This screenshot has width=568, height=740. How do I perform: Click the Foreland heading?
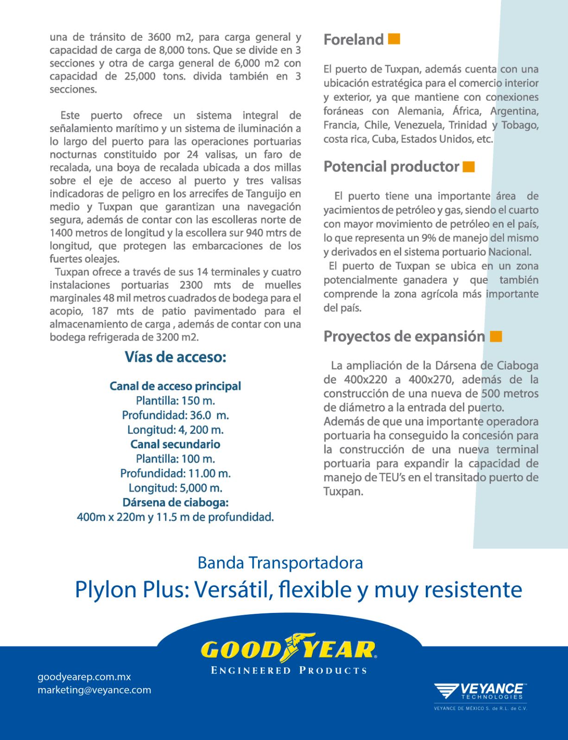click(353, 40)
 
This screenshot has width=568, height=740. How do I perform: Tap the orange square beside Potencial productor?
click(469, 166)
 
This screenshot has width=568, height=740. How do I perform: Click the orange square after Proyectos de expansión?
click(496, 336)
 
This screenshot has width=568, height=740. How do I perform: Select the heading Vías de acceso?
click(175, 357)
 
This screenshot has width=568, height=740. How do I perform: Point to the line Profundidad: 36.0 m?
click(175, 415)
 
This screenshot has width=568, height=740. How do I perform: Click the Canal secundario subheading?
click(175, 444)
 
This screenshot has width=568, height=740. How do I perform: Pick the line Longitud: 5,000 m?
click(175, 488)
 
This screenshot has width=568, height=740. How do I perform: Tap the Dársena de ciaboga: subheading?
click(175, 503)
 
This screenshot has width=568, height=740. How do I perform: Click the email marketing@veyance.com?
click(95, 690)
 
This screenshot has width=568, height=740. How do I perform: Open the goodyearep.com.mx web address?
click(84, 677)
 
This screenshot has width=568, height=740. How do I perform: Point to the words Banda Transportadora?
click(280, 563)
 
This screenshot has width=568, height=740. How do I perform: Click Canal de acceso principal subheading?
click(175, 386)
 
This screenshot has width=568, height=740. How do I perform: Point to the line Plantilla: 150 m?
click(175, 401)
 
